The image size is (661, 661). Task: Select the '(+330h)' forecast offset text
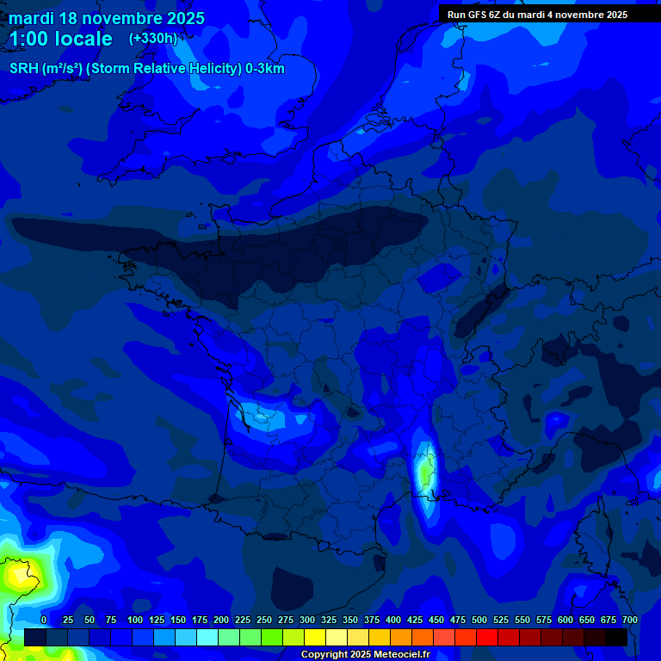153,39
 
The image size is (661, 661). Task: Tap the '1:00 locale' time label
61,39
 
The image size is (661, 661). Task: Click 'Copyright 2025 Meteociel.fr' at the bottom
364,655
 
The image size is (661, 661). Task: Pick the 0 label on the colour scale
44,621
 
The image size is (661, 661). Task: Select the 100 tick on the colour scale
135,621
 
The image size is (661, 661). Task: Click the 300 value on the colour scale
307,621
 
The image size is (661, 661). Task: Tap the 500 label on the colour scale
479,621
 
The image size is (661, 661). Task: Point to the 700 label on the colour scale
629,621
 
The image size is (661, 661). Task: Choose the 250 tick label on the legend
264,621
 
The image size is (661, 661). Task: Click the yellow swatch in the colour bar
315,637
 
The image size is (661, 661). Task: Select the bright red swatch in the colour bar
487,637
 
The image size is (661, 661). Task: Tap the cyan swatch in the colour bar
207,637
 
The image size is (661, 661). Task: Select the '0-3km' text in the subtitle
265,69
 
